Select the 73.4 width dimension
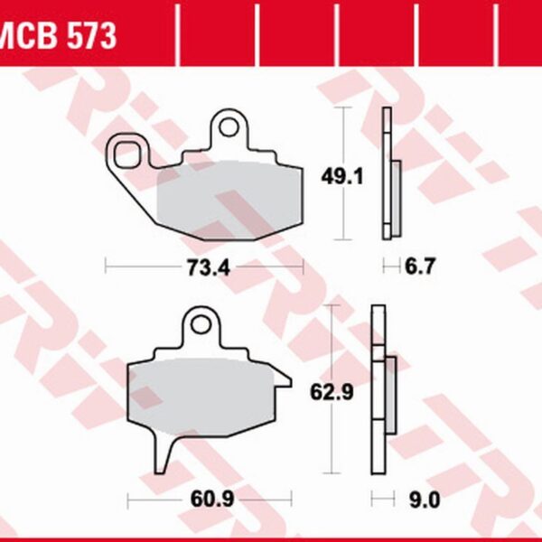coord(205,266)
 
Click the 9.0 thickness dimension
coord(417,499)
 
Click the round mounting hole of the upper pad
coord(230,127)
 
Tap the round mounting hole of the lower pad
coord(201,324)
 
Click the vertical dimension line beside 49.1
coord(341,217)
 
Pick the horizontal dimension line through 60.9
coord(154,499)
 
